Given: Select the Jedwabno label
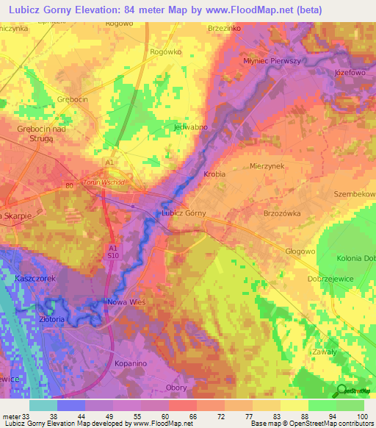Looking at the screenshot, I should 190,126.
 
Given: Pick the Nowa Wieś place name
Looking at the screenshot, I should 128,303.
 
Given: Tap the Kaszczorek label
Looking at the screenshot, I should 35,279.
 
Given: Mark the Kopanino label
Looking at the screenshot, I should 132,363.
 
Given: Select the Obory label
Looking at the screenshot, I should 176,388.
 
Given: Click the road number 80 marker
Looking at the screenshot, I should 69,185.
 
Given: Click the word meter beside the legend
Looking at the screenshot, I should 10,415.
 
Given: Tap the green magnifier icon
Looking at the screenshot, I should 341,390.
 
